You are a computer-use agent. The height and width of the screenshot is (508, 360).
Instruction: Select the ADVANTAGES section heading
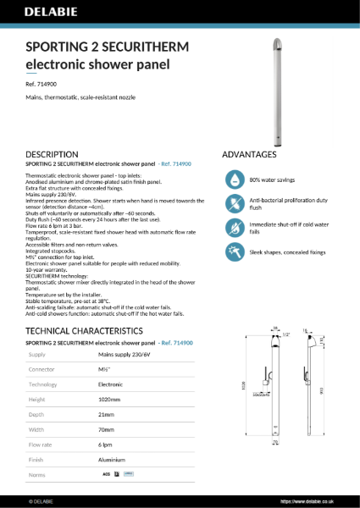pos(249,155)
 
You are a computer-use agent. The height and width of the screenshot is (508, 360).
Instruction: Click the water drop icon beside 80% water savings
pos(234,179)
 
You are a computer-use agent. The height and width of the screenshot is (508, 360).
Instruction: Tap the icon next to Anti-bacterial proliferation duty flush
pos(234,204)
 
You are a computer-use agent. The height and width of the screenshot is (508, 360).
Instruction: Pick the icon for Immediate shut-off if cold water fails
pos(234,228)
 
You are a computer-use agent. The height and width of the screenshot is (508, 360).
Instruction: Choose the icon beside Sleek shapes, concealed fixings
pos(234,251)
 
